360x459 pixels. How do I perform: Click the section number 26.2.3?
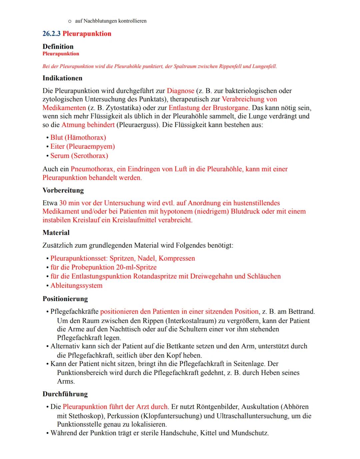click(x=51, y=34)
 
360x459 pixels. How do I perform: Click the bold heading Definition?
click(x=58, y=47)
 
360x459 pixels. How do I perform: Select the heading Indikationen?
click(x=62, y=78)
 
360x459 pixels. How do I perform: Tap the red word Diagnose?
click(x=180, y=91)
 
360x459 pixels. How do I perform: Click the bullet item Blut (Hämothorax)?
click(x=78, y=137)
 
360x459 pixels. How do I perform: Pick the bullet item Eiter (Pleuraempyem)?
click(x=82, y=146)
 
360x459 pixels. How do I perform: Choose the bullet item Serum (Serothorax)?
click(x=79, y=156)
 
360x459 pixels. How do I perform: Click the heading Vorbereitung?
click(x=63, y=190)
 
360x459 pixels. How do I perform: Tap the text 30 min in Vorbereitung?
click(x=69, y=203)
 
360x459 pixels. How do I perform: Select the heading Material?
click(x=56, y=233)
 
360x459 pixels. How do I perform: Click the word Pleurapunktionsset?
click(x=78, y=258)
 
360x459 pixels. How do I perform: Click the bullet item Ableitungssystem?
click(x=76, y=286)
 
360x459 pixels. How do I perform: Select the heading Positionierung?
click(x=65, y=299)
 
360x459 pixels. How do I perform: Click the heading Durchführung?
click(x=65, y=394)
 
